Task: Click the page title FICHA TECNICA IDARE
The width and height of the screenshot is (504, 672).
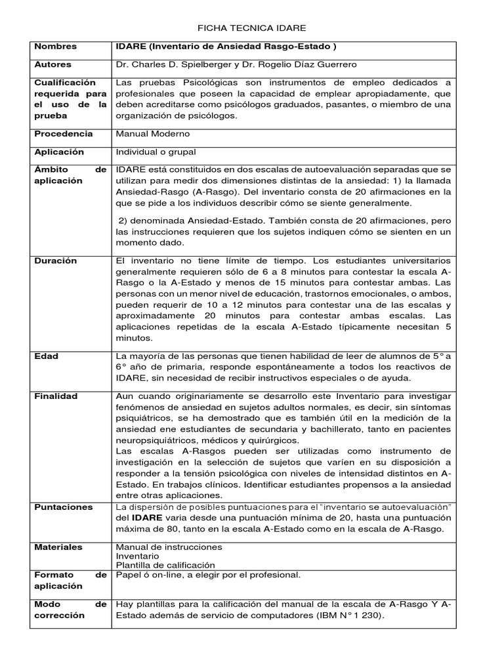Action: tap(252, 29)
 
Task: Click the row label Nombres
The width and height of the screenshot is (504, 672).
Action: tap(55, 47)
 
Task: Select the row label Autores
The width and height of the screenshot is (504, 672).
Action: tap(53, 64)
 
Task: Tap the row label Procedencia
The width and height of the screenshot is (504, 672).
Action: tap(64, 133)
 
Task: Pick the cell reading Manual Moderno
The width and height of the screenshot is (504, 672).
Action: tap(153, 133)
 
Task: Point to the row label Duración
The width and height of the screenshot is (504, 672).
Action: tap(56, 261)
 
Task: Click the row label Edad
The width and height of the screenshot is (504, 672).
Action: tap(46, 356)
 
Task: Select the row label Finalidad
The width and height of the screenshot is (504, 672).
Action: tap(56, 396)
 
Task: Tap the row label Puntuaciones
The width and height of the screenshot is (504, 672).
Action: tap(63, 507)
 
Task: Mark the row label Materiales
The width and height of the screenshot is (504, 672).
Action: tap(58, 547)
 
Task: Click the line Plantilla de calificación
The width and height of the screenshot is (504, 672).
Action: tap(165, 564)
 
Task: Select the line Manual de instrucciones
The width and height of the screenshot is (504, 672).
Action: tap(169, 547)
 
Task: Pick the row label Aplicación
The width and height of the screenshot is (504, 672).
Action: tap(60, 152)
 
